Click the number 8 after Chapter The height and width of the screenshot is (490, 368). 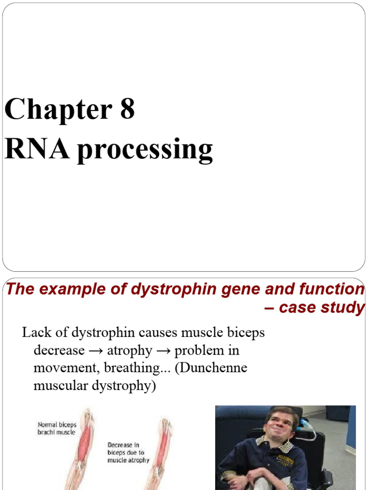click(x=127, y=109)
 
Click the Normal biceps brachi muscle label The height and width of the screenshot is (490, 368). click(x=57, y=428)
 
